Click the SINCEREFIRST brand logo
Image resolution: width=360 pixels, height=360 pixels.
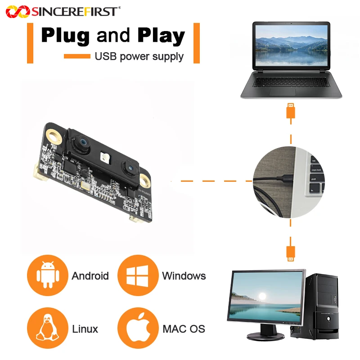(x=63, y=12)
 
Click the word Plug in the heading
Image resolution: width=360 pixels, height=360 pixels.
(x=65, y=36)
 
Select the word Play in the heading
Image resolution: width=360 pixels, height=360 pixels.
(x=161, y=36)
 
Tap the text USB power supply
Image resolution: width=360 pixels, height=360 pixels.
(x=139, y=57)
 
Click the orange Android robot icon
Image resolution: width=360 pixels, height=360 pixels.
(x=48, y=275)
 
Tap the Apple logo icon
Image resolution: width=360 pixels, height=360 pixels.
(x=138, y=328)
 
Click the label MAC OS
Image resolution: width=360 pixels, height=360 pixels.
(x=184, y=329)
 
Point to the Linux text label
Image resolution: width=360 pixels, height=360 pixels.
(x=85, y=329)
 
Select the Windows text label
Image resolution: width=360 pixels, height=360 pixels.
(x=184, y=276)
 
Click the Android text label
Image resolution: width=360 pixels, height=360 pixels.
(x=90, y=276)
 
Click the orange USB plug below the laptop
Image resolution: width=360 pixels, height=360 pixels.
(x=291, y=111)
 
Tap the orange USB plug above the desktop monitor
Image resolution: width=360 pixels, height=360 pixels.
(x=291, y=253)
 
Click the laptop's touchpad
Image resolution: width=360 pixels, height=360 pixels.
(x=283, y=92)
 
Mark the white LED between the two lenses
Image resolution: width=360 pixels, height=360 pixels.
(x=105, y=157)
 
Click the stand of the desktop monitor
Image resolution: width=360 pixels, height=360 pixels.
(x=265, y=333)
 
